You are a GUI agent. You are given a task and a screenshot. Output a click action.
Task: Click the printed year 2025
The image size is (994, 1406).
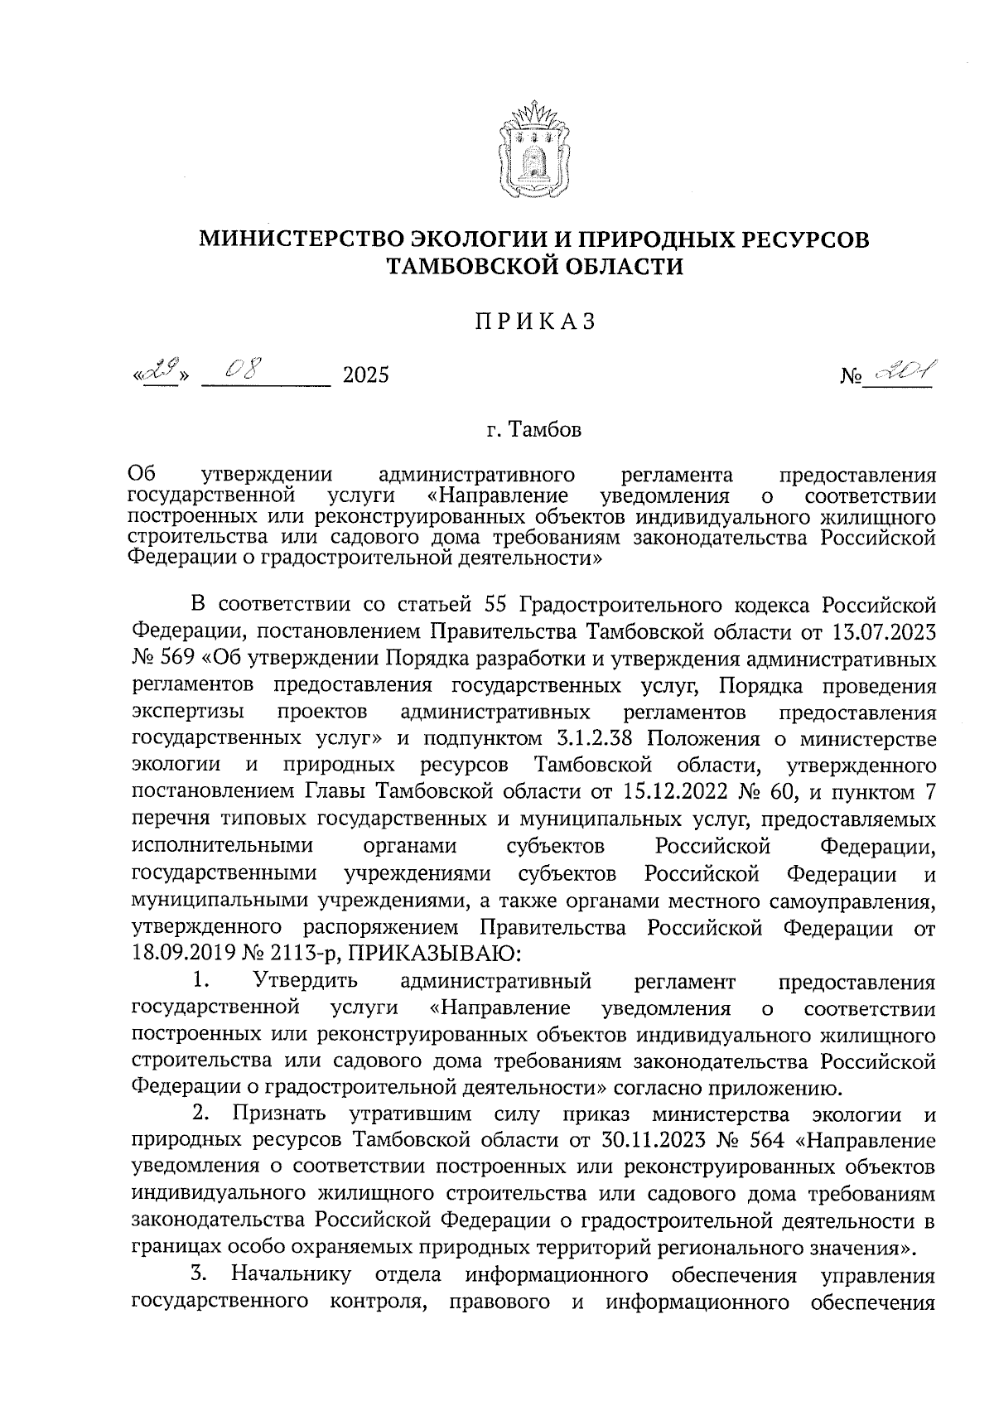point(365,376)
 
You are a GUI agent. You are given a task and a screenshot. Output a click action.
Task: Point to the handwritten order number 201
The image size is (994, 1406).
point(902,374)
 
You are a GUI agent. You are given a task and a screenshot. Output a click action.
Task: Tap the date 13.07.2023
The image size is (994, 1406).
point(881,633)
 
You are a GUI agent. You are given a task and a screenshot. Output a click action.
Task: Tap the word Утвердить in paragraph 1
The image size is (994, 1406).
point(306,982)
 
